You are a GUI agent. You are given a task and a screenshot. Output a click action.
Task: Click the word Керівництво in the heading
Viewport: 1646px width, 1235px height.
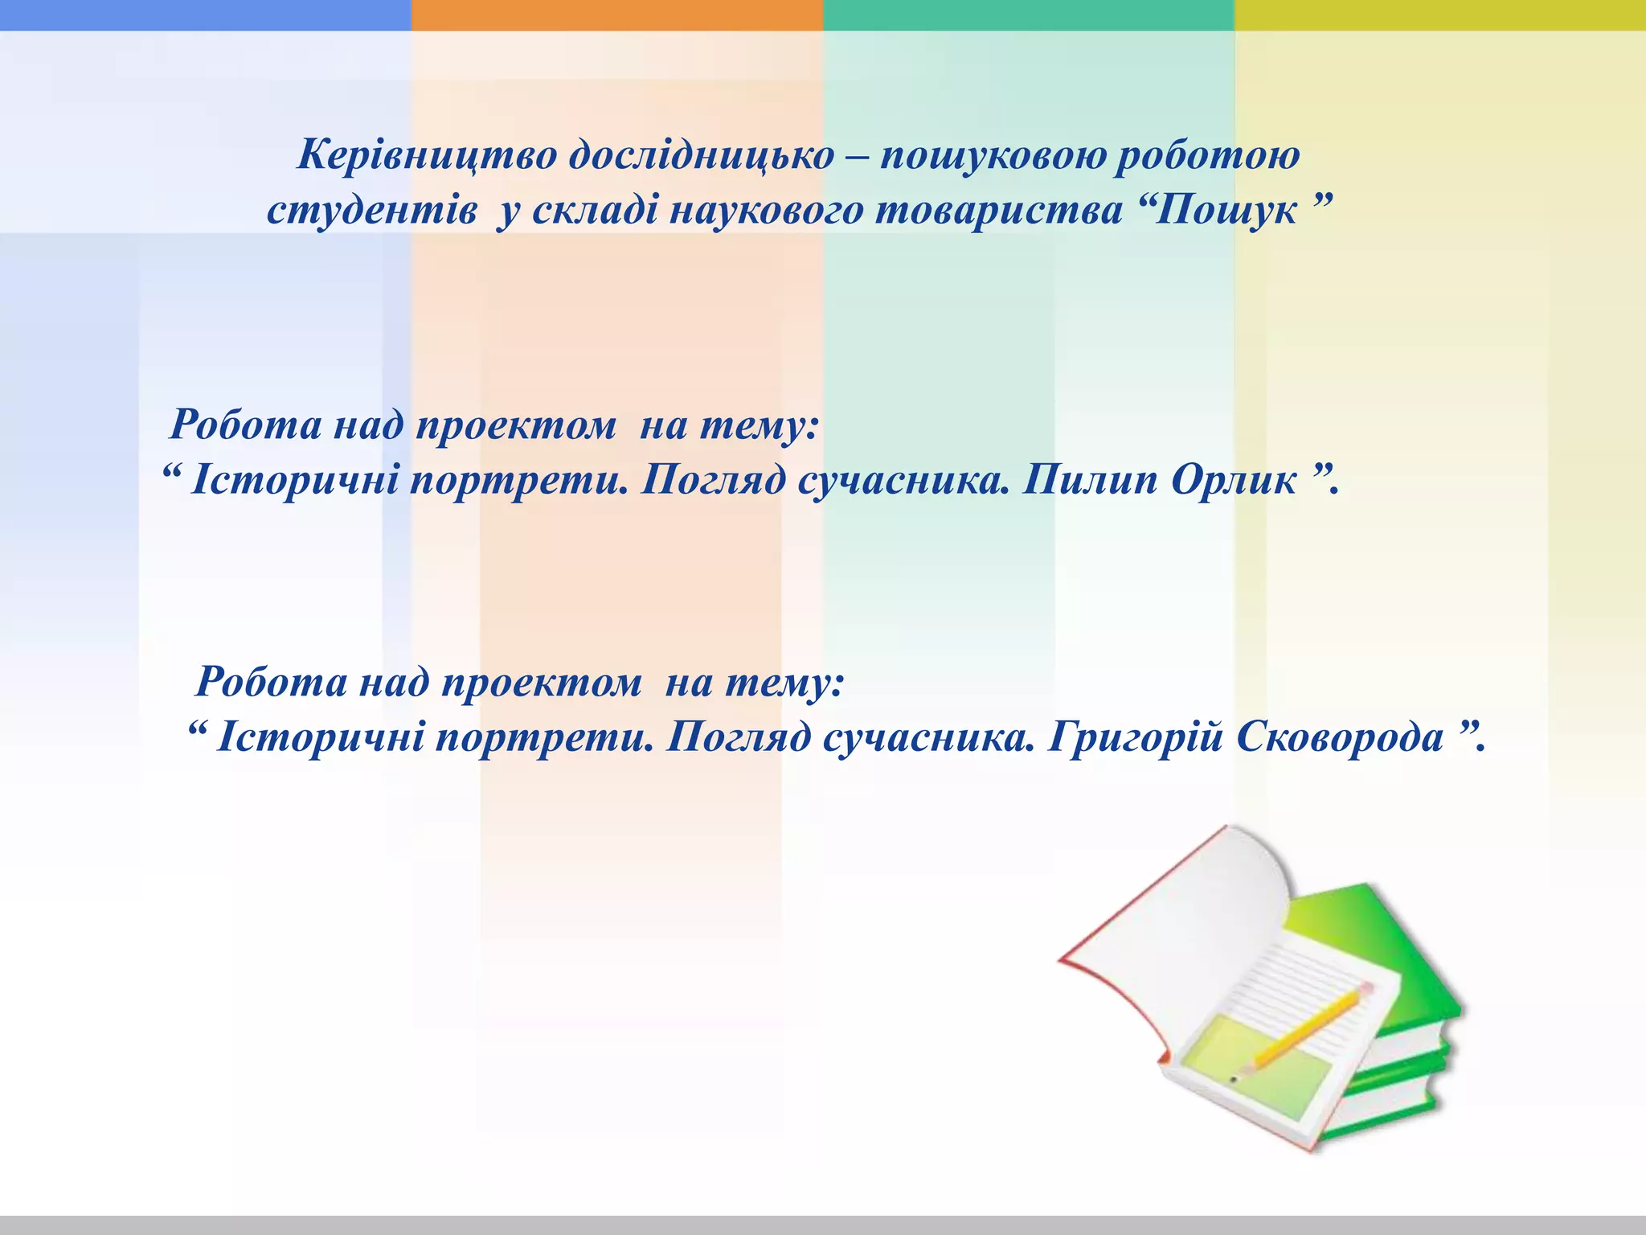coord(427,155)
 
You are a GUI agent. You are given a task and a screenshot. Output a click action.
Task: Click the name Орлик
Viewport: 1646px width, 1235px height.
coord(1234,481)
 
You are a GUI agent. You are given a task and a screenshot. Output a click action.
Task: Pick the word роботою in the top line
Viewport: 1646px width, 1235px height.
coord(1206,155)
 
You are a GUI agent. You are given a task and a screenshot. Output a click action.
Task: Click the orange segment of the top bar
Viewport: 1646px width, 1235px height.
coord(616,14)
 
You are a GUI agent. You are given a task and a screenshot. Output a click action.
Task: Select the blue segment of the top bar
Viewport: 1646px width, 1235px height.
coord(205,14)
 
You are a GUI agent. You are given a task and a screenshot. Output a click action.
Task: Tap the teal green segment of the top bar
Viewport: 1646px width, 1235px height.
coord(1028,14)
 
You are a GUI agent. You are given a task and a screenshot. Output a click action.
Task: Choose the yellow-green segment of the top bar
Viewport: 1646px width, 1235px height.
coord(1439,14)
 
